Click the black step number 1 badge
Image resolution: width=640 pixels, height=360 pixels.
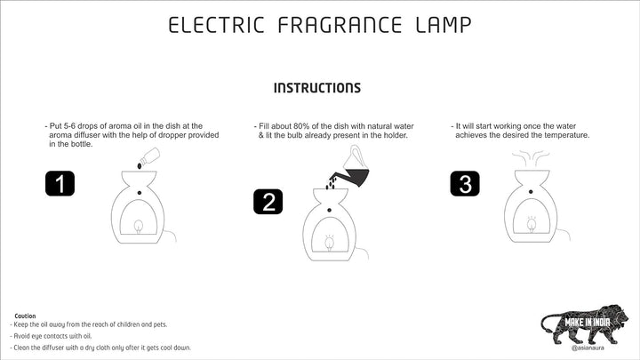coord(60,184)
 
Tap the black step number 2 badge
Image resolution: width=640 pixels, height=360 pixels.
coord(268,202)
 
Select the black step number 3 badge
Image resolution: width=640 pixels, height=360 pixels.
coord(465,184)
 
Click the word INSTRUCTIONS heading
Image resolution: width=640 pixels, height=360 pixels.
coord(317,88)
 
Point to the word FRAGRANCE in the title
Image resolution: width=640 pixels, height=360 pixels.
coord(340,25)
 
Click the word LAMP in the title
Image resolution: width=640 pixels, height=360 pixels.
coord(444,25)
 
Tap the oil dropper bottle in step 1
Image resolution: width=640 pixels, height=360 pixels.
coord(150,156)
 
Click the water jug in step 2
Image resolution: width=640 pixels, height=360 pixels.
coord(355,167)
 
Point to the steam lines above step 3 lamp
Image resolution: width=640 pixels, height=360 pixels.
coord(531,158)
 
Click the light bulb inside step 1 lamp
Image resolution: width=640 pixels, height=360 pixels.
coord(139,227)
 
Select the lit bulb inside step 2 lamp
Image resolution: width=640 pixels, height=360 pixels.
coord(330,243)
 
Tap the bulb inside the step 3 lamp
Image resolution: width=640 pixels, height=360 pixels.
coord(532,224)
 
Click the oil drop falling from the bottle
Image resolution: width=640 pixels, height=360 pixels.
coord(140,166)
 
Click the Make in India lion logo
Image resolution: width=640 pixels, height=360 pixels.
coord(585,324)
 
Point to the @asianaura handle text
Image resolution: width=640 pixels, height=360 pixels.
coord(588,348)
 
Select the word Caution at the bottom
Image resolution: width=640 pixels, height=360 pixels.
coord(25,316)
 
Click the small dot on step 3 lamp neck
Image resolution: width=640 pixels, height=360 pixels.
coord(531,191)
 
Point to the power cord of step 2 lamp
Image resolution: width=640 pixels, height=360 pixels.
coord(364,250)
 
